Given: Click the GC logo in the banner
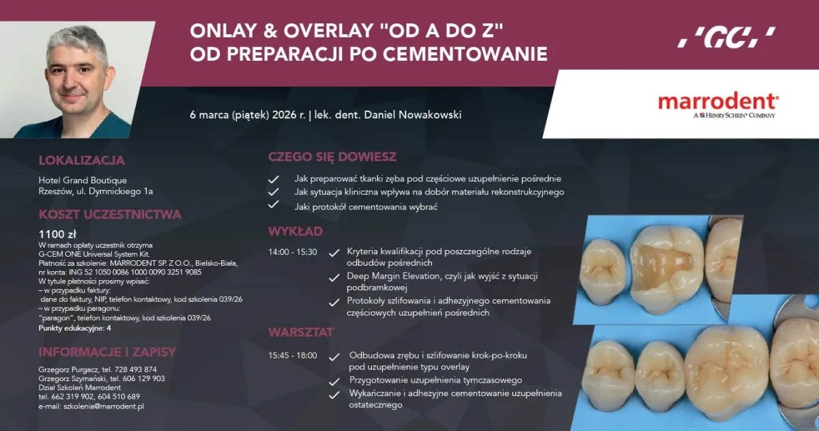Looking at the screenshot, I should coord(726,37).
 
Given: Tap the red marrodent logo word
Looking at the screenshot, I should coord(717,101).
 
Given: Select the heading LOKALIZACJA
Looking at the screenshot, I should coord(82,161).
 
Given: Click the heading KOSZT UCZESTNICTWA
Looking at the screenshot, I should coord(110,214).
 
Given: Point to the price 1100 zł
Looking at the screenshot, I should coord(57,234).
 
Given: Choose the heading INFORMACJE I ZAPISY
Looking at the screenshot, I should coord(107,352).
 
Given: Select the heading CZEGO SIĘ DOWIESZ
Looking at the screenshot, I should coord(332,156).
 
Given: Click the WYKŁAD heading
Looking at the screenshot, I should coord(296,231).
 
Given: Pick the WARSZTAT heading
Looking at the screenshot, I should coord(301,332).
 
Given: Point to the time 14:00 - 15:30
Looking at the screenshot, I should coord(293,251).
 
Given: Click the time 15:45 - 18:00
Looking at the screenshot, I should coord(293,356).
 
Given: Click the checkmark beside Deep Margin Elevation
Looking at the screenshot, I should coord(334,277).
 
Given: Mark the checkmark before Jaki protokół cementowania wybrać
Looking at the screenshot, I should coord(274,205).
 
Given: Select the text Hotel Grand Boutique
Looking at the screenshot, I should coord(83,180).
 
